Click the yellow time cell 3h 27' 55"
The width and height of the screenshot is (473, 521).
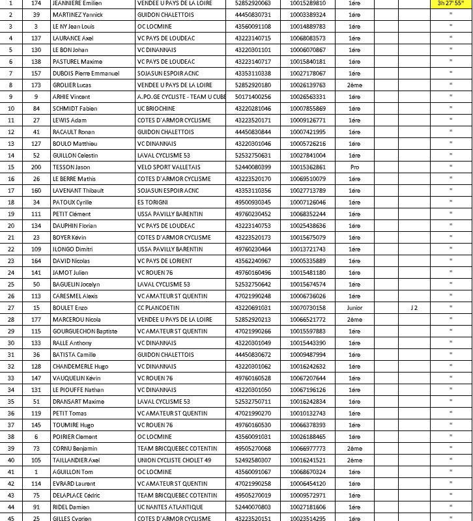[x=450, y=3]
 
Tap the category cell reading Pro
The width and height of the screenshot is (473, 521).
[x=354, y=167]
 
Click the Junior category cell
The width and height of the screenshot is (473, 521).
[x=354, y=307]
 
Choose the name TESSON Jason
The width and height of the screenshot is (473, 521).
[x=71, y=167]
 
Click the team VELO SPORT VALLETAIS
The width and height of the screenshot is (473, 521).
[x=169, y=167]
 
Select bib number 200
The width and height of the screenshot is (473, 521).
[x=36, y=167]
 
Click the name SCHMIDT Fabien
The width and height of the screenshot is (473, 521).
[x=74, y=108]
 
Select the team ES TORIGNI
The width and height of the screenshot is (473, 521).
[x=154, y=202]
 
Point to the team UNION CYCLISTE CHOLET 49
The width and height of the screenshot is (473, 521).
[x=174, y=460]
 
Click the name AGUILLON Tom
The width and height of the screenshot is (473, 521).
[x=73, y=472]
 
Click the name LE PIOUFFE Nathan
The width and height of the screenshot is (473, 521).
[x=79, y=389]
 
